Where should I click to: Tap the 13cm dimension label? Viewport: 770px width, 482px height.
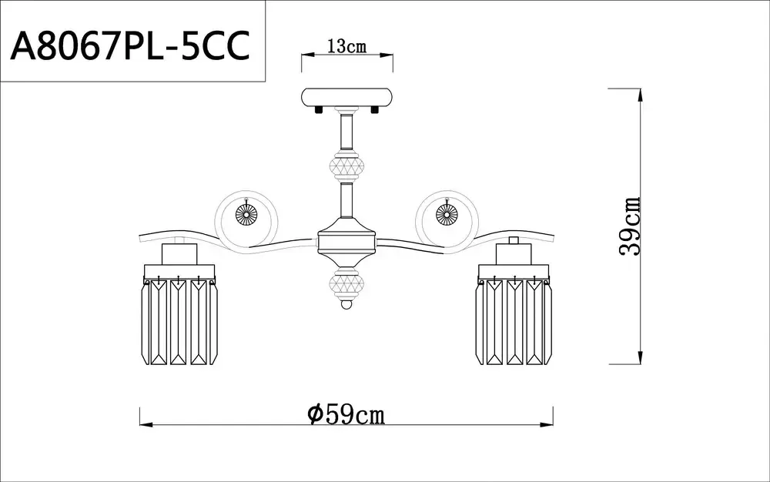coord(346,46)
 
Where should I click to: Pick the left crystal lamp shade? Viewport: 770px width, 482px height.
coord(179,320)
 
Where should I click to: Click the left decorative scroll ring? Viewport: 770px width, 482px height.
coord(246,215)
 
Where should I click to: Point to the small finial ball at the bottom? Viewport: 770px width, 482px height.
coord(346,306)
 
